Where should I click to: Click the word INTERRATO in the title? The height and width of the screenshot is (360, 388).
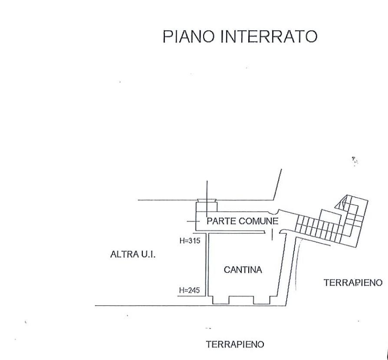click(269, 37)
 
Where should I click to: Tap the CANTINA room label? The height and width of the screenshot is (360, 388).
click(243, 270)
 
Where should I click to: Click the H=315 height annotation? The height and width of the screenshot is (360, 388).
click(189, 241)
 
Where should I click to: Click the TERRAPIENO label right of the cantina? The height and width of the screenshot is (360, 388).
click(353, 283)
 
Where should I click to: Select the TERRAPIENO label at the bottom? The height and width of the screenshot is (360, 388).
click(235, 345)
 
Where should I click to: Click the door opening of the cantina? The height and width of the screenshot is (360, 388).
click(272, 234)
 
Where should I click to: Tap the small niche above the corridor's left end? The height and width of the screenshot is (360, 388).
click(206, 201)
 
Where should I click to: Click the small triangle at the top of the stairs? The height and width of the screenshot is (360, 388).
click(344, 201)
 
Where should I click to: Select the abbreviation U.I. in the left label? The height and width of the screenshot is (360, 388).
click(148, 255)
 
